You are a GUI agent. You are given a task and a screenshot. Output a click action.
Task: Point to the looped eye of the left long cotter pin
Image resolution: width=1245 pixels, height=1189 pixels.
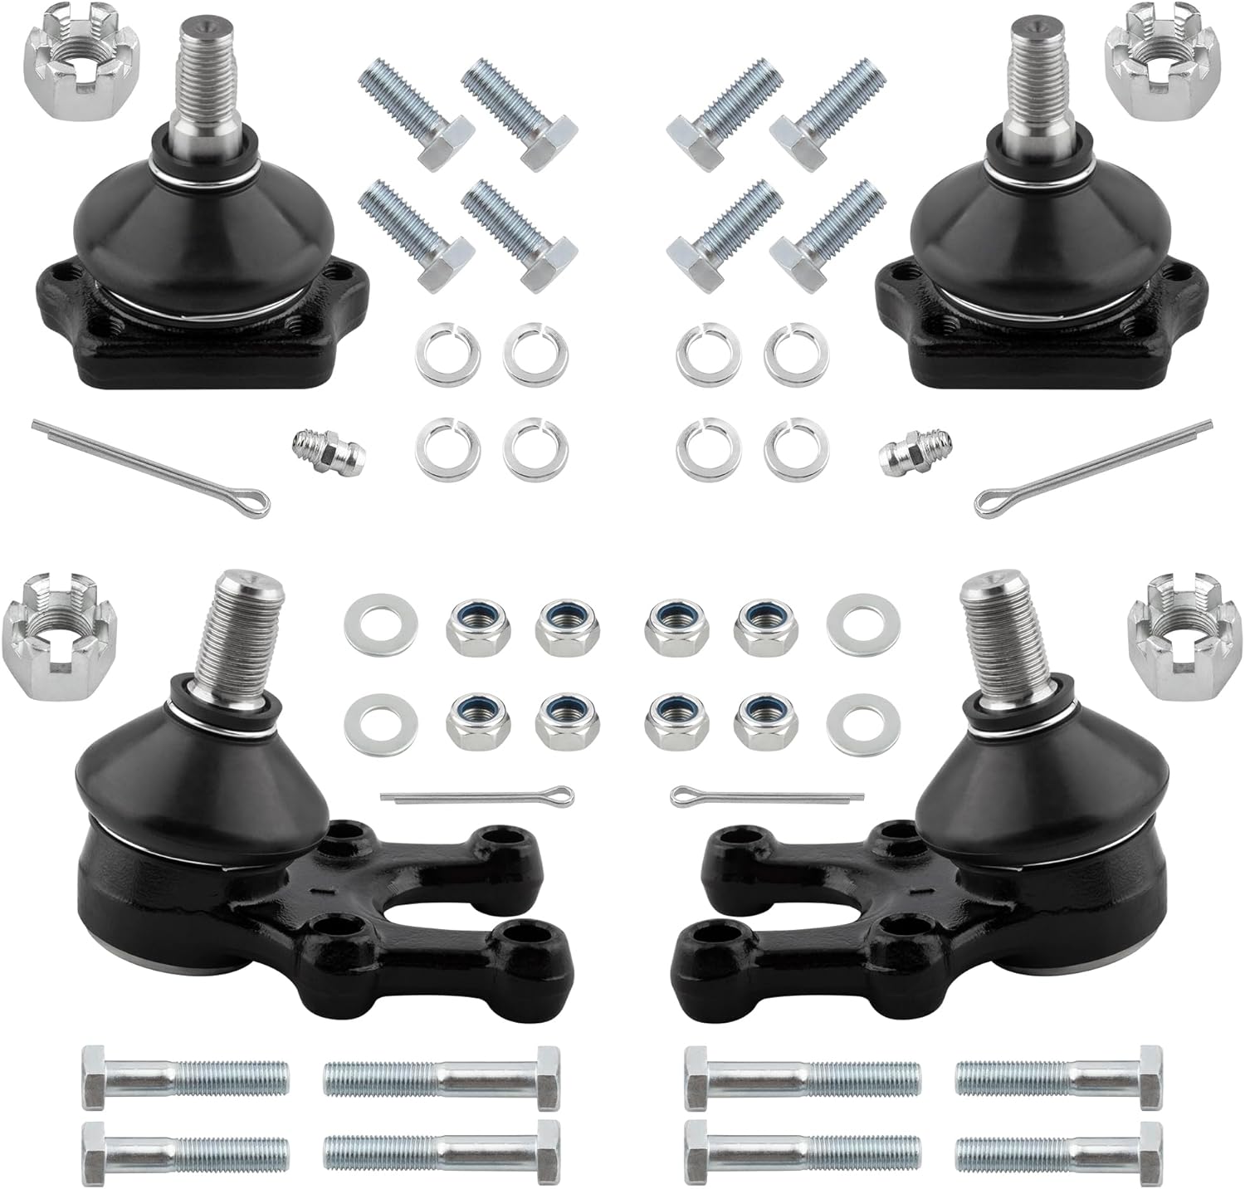pyautogui.click(x=253, y=502)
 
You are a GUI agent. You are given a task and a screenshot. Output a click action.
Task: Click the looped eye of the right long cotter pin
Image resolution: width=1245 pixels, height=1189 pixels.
pyautogui.click(x=988, y=502)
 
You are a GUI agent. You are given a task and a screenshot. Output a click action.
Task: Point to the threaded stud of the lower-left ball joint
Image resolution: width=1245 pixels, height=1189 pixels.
pyautogui.click(x=232, y=627)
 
